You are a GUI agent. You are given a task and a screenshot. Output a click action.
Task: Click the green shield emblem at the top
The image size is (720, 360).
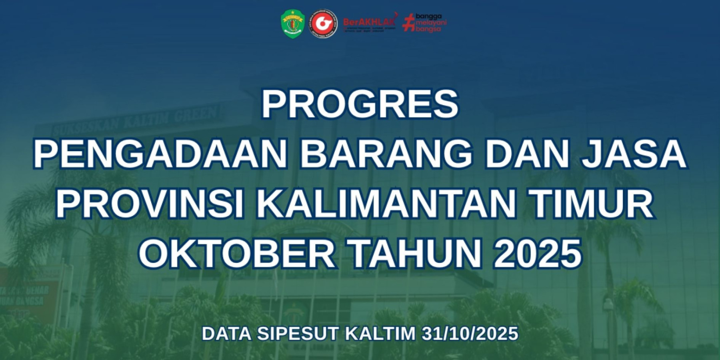[x=292, y=24]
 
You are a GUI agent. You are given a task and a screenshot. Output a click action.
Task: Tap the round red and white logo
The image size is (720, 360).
[x=324, y=24]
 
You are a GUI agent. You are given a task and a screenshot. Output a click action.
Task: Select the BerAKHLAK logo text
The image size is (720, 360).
[x=369, y=22]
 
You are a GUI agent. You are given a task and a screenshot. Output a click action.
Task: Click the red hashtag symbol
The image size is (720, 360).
[x=408, y=23]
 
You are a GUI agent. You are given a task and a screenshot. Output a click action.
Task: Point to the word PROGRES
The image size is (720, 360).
[x=360, y=104]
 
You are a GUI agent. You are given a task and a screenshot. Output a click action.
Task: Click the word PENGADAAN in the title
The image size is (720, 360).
[x=160, y=154]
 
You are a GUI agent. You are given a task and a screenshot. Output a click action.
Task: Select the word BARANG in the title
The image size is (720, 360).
[x=386, y=154]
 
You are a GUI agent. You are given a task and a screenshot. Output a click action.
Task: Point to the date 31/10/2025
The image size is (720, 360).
[x=470, y=334]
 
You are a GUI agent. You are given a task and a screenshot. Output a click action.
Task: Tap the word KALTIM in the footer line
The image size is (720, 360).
[x=380, y=334]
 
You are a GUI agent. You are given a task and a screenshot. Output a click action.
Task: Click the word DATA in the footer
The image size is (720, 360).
[x=226, y=334]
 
